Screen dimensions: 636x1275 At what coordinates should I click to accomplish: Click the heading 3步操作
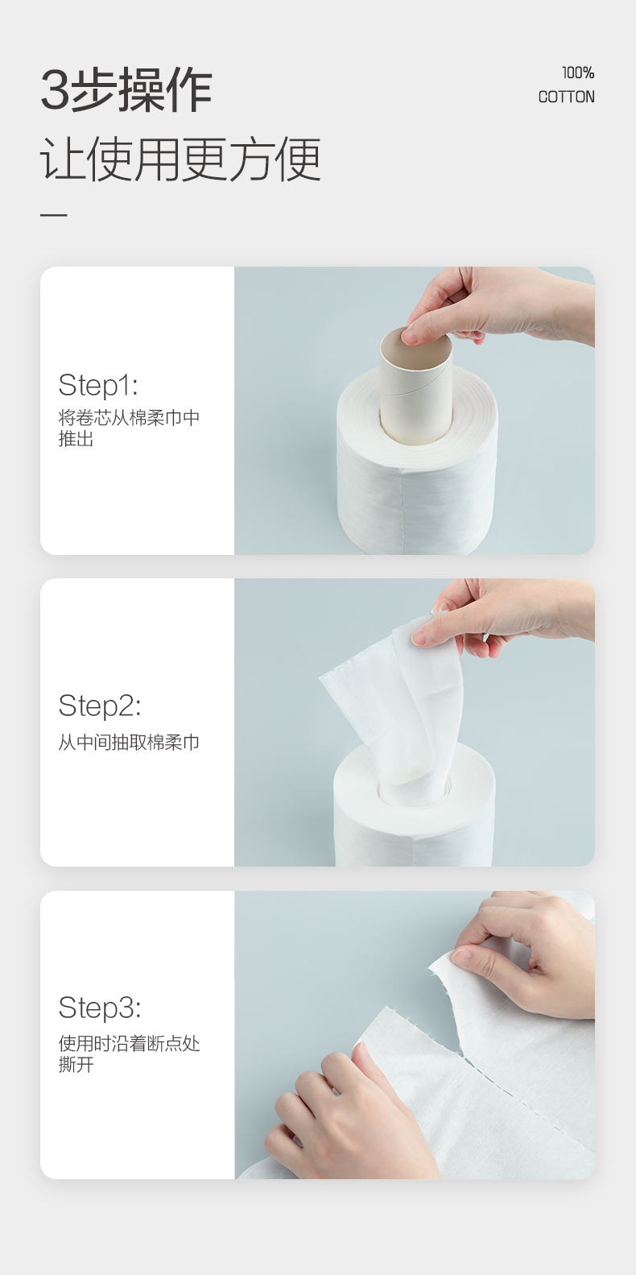pos(126,89)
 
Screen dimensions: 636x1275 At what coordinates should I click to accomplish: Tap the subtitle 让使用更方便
pos(181,159)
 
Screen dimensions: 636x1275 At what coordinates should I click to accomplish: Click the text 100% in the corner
pos(578,72)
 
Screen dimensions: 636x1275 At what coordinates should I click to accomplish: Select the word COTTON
pos(566,97)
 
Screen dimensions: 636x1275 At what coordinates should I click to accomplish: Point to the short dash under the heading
pos(53,215)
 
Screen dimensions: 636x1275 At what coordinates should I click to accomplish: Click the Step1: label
pos(98,385)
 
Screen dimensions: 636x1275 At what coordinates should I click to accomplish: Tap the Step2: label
pos(100,706)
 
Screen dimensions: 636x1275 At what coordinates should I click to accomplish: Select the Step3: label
pos(100,1008)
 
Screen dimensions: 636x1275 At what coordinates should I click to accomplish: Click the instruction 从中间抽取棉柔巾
pos(129,743)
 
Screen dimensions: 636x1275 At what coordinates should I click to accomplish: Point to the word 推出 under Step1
pos(76,439)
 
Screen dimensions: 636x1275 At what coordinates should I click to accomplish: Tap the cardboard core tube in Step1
pos(415,387)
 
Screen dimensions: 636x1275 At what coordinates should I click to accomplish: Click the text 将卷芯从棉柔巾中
pos(129,418)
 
